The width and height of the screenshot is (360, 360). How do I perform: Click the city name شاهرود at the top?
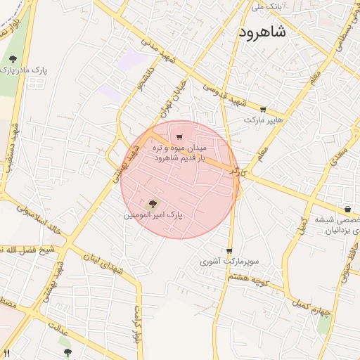(x=262, y=32)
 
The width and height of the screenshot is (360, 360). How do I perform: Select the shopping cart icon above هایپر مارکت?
(x=263, y=110)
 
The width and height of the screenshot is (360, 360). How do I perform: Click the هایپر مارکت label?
(x=263, y=120)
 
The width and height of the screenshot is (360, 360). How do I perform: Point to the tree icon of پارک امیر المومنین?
(x=154, y=203)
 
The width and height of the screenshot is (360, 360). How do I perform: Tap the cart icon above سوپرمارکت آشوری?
(x=229, y=251)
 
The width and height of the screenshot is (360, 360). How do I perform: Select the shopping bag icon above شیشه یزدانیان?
(x=347, y=209)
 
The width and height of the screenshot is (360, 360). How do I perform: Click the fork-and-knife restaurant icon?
(x=6, y=353)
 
